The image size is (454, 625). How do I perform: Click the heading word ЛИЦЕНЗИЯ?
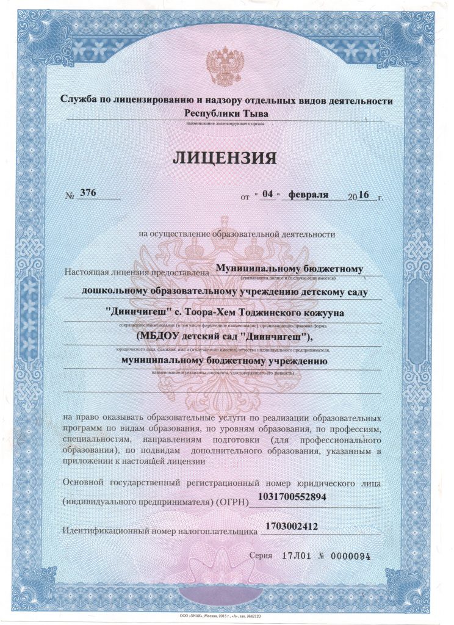coord(225,158)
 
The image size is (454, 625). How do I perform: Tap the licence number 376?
coord(88,193)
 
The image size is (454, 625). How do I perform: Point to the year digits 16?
coord(364,195)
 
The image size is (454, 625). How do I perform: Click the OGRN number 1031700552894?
coord(293,497)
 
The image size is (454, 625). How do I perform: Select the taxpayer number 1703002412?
coord(292,526)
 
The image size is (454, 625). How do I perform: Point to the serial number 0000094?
coord(350,556)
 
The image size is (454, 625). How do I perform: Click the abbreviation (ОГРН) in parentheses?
coord(232,502)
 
